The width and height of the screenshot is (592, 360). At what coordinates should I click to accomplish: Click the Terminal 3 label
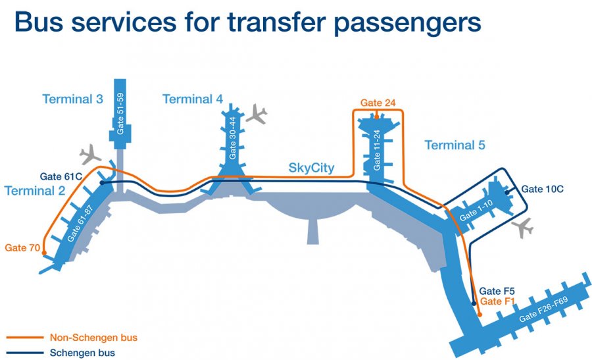pos(72,99)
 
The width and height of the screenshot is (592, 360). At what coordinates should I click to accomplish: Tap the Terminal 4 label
pos(192,99)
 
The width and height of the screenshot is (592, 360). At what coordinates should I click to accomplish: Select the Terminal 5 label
pos(455,145)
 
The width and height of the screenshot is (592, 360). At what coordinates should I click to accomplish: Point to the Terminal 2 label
pos(35,191)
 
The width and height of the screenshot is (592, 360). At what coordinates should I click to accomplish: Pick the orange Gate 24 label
pos(378,103)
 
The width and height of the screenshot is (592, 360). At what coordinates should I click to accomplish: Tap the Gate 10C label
pos(543,189)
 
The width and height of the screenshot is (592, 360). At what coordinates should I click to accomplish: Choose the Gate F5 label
pos(492,291)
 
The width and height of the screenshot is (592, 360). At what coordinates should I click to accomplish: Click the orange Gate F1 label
pos(496,301)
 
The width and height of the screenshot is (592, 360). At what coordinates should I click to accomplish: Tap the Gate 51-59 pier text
pos(121,113)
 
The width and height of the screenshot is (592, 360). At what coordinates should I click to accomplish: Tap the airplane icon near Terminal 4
pos(257,113)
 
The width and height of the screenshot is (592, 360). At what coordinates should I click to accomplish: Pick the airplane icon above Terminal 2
pos(89,157)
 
